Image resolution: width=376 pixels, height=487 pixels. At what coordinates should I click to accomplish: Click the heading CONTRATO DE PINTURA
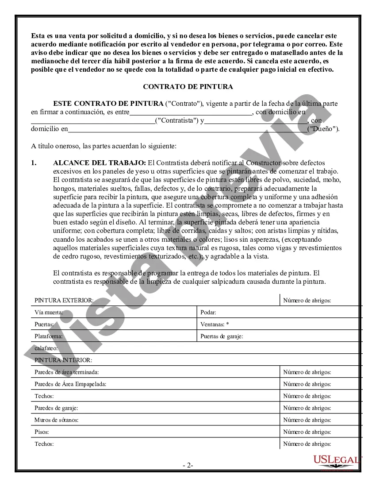[x=188, y=87]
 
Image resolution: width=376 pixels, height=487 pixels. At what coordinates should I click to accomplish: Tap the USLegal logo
[x=337, y=460]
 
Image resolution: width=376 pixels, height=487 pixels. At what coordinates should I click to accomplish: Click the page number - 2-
[x=188, y=465]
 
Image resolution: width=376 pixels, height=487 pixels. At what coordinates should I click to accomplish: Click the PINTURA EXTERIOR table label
[x=64, y=301]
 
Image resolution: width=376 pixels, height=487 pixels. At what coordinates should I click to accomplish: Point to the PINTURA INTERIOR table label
[x=63, y=360]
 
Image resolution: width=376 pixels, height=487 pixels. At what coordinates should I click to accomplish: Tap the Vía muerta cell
[x=49, y=312]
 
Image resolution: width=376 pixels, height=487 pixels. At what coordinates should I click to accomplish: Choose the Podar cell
[x=208, y=312]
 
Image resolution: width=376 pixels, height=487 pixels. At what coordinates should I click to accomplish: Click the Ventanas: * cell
[x=215, y=324]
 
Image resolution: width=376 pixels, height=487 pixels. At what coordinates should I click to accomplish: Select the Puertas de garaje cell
[x=222, y=336]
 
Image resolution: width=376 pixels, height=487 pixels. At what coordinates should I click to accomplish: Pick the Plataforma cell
[x=48, y=336]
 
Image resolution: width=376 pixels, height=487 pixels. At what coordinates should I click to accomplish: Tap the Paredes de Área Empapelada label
[x=70, y=384]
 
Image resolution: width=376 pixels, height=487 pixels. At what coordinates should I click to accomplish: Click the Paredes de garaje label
[x=56, y=408]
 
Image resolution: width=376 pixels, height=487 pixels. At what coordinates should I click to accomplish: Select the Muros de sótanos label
[x=56, y=420]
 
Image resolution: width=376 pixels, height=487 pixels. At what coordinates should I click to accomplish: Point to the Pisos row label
[x=42, y=432]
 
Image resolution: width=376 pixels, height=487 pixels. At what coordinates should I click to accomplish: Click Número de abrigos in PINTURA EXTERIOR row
[x=307, y=301]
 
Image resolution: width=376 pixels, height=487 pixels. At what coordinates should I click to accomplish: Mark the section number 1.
[x=34, y=163]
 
